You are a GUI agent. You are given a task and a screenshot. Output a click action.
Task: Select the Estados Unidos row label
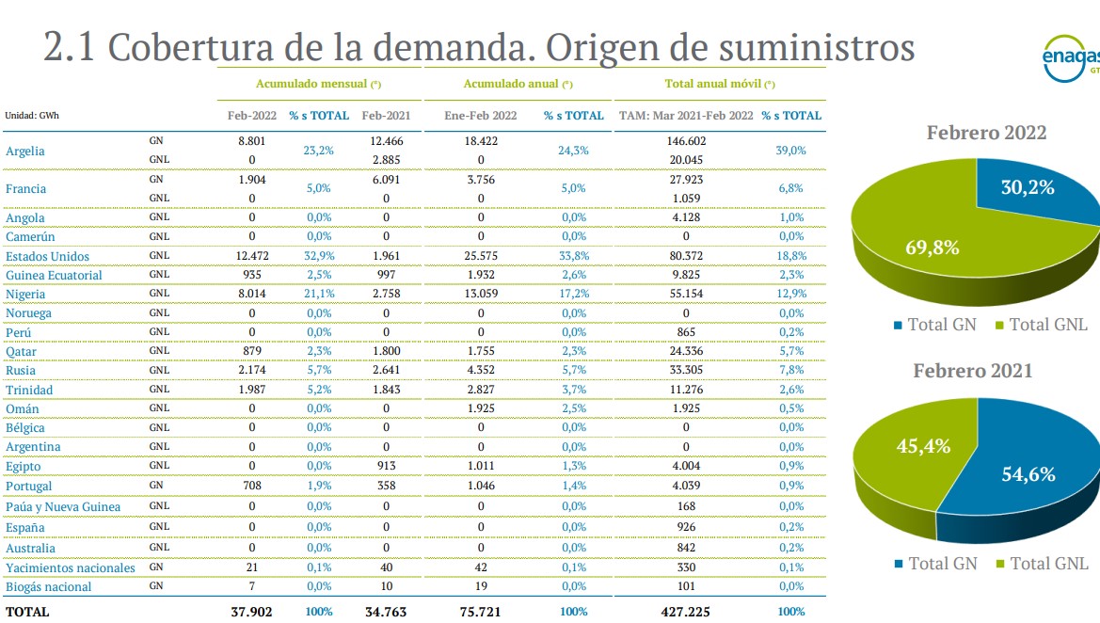pyautogui.click(x=47, y=256)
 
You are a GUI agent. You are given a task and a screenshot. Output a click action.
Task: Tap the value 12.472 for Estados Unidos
pyautogui.click(x=252, y=256)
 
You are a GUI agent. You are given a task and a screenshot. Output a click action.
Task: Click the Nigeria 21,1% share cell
pyautogui.click(x=318, y=294)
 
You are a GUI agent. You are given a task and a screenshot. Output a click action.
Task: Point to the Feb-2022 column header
pyautogui.click(x=252, y=116)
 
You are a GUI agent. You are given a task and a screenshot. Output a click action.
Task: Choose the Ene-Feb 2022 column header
pyautogui.click(x=481, y=116)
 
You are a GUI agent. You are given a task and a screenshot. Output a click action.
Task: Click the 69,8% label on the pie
pyautogui.click(x=932, y=248)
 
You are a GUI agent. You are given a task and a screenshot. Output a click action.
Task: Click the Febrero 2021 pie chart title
pyautogui.click(x=972, y=371)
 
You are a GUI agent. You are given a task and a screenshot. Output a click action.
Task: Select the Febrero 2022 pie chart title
pyautogui.click(x=986, y=133)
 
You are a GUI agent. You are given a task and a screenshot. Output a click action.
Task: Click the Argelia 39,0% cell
pyautogui.click(x=790, y=151)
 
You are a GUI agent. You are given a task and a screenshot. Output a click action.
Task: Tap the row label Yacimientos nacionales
pyautogui.click(x=71, y=567)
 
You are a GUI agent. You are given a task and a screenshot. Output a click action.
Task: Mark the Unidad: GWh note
pyautogui.click(x=32, y=116)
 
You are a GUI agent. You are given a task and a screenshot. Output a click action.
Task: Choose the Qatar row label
pyautogui.click(x=22, y=351)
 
